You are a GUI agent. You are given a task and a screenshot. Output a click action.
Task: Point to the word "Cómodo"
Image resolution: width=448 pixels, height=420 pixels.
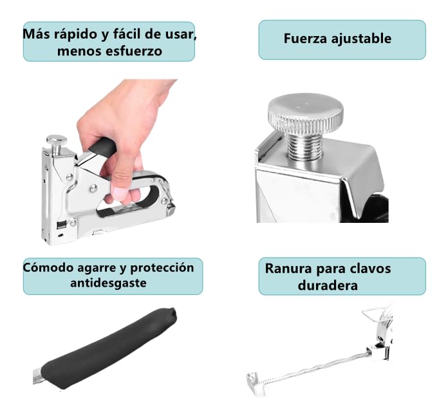48,267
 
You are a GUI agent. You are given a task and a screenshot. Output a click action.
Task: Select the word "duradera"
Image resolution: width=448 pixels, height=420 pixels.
328,284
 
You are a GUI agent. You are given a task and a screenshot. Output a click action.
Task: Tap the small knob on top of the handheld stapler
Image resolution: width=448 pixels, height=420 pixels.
57,140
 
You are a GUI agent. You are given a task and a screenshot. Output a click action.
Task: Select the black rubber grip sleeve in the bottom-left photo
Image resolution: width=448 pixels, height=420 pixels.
109,348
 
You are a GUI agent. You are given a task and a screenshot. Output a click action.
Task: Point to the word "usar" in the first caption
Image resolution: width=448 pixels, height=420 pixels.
179,34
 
